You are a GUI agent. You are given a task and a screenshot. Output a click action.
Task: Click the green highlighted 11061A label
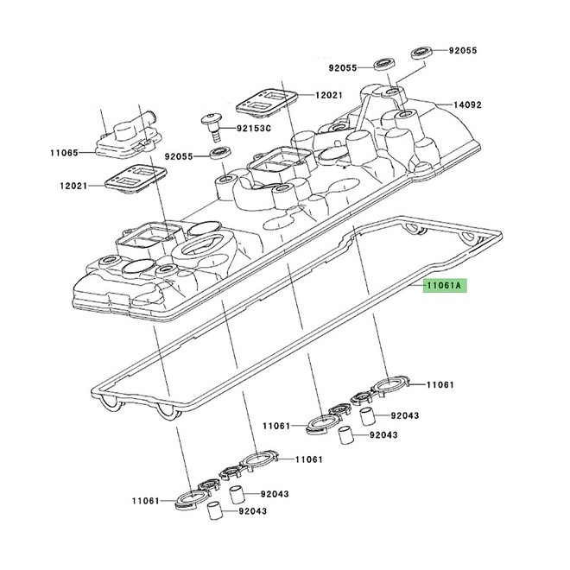pos(444,286)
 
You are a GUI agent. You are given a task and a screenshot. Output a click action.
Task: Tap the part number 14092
pos(467,104)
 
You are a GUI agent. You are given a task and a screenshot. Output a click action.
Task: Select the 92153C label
pos(254,129)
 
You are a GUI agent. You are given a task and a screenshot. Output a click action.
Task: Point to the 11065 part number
pos(65,152)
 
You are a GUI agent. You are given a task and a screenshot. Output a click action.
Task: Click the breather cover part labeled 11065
pos(128,136)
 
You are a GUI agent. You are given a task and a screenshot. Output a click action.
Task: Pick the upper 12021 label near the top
pos(329,95)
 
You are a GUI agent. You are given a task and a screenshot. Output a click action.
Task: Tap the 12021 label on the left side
pos(73,186)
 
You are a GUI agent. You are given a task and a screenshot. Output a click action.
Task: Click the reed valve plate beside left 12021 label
pos(136,179)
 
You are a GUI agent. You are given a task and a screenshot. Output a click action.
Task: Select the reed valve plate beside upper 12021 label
pos(267,99)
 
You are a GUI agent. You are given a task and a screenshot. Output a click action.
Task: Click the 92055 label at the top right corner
pos(463,51)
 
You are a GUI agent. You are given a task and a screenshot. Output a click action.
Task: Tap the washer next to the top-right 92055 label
pos(422,52)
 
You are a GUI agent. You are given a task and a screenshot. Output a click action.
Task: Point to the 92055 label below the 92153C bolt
pos(179,156)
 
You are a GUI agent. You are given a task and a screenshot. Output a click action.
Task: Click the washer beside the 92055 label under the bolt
pos(221,153)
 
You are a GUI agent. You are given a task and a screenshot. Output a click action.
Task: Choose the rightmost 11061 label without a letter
pos(440,384)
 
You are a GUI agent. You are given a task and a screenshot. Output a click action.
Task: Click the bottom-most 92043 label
pos(253,511)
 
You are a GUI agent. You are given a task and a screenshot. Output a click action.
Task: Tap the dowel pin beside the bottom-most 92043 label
pos(214,511)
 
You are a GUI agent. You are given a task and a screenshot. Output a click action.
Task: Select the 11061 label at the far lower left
pos(145,501)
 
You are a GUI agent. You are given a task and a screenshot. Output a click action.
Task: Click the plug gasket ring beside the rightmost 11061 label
pos(389,386)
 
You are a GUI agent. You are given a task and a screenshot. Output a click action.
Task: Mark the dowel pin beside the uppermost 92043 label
pos(367,416)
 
